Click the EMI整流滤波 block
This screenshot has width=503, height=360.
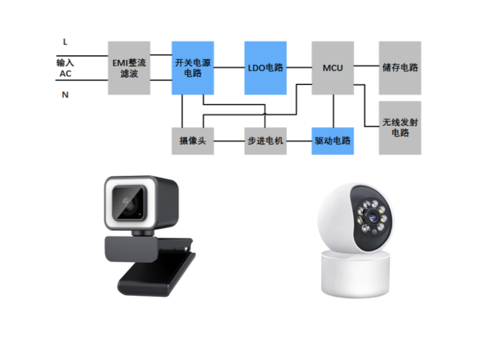pyautogui.click(x=129, y=67)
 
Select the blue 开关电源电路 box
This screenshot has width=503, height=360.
pyautogui.click(x=193, y=67)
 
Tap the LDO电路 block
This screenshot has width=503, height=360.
pyautogui.click(x=265, y=67)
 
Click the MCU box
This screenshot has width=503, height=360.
pyautogui.click(x=333, y=67)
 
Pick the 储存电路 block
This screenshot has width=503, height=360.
pyautogui.click(x=400, y=67)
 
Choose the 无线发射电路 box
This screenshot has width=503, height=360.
pyautogui.click(x=400, y=128)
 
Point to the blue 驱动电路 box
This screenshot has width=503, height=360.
pyautogui.click(x=333, y=141)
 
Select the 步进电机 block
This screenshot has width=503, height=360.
pyautogui.click(x=265, y=141)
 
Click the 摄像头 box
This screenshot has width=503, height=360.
pyautogui.click(x=193, y=141)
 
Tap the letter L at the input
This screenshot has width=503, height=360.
pyautogui.click(x=65, y=41)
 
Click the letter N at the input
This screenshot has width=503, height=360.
pyautogui.click(x=65, y=95)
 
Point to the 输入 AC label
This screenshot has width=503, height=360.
pyautogui.click(x=65, y=67)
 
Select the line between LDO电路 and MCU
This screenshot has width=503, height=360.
pyautogui.click(x=298, y=67)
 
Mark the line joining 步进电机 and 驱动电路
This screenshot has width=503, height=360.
pyautogui.click(x=299, y=141)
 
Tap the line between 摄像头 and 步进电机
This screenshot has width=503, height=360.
pyautogui.click(x=229, y=141)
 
